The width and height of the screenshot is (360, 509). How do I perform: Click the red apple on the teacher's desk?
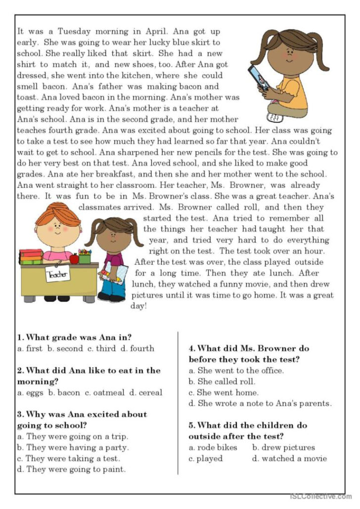point(74,258)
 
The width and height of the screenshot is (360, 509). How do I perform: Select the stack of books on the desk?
point(31,256)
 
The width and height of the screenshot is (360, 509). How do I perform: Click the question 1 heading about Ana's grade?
point(74,338)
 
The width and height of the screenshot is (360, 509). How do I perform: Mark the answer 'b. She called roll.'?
point(222,382)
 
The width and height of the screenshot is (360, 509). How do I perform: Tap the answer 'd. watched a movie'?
point(289,458)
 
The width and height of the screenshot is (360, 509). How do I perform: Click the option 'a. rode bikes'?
point(213,447)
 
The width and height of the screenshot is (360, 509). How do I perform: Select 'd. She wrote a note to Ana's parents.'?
point(260,403)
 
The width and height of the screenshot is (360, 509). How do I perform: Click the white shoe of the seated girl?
point(274,117)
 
